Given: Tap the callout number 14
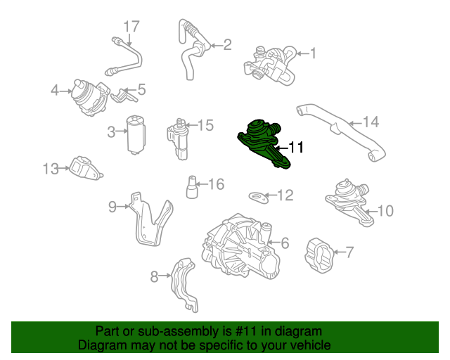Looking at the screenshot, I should [371, 122].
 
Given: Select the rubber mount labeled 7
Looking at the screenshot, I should [320, 254].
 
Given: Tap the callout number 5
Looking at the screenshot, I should [141, 89].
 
